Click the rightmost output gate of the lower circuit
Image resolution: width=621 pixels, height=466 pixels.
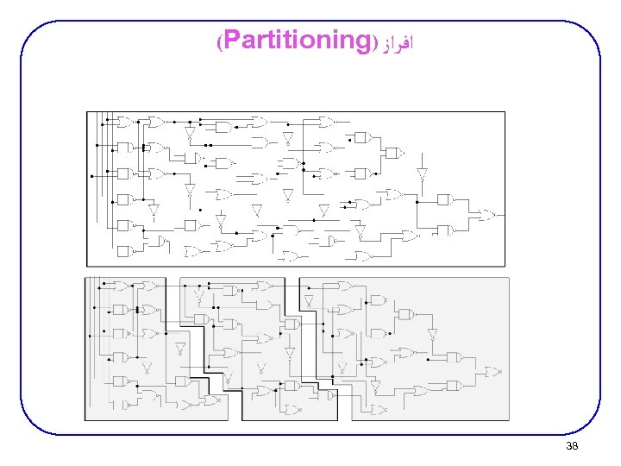[492, 372]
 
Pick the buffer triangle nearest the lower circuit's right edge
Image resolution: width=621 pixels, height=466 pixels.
[432, 335]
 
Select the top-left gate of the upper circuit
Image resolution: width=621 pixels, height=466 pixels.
[124, 121]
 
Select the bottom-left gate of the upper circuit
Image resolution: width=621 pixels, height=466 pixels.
[123, 251]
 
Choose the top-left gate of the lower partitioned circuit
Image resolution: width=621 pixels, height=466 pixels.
[122, 285]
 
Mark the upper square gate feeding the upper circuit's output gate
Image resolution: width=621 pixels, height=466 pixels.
[443, 199]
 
